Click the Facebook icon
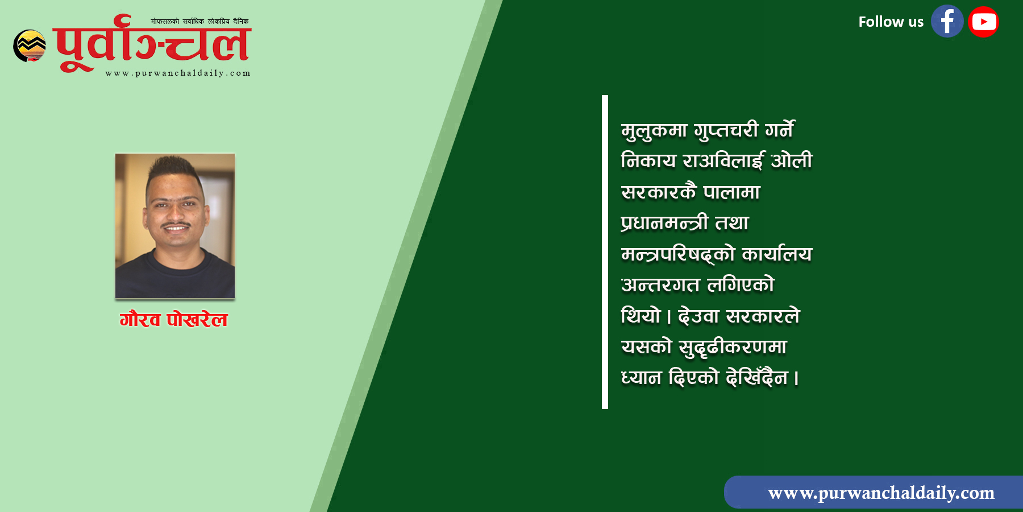tap(947, 22)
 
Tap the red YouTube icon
tap(983, 22)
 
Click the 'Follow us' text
tap(891, 22)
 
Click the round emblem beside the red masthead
tap(30, 46)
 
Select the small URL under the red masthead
tap(178, 73)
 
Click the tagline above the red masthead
tap(199, 21)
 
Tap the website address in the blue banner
tap(881, 493)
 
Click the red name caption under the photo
tap(174, 320)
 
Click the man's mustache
tap(176, 225)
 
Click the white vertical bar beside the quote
tap(605, 252)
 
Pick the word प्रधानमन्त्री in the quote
tap(665, 222)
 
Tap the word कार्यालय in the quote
tap(777, 253)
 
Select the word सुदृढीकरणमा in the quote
tap(733, 347)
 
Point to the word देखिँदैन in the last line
tap(757, 377)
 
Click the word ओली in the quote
tap(792, 160)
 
